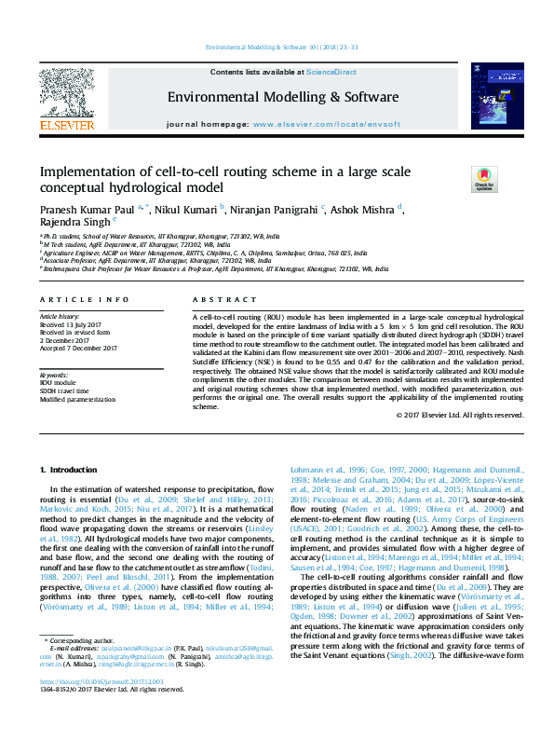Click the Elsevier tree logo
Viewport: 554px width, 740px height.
[66, 94]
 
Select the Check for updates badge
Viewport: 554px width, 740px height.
[484, 178]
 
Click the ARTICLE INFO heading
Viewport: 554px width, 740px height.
[85, 299]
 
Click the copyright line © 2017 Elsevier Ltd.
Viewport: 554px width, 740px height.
[458, 414]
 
